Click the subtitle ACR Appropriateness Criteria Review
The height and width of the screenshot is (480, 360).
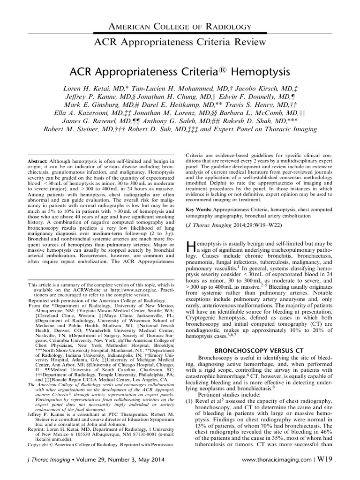180,42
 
